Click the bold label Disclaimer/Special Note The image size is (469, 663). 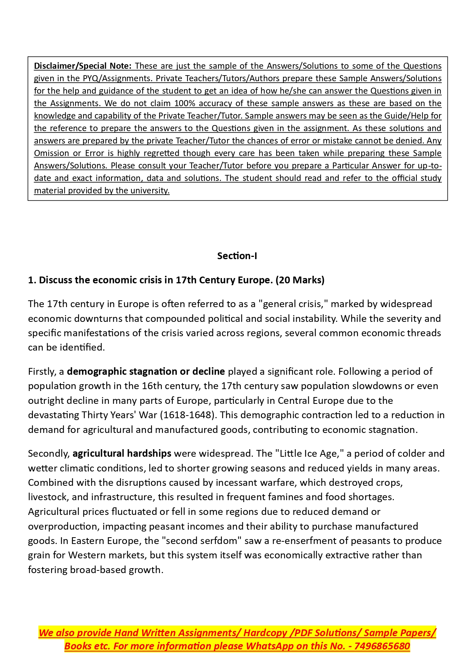[82, 66]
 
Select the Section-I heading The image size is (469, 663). [237, 256]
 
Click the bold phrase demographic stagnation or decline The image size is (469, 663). [146, 371]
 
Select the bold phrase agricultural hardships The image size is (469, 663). [122, 453]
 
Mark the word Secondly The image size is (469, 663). [49, 453]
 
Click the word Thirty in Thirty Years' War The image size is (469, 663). [95, 415]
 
